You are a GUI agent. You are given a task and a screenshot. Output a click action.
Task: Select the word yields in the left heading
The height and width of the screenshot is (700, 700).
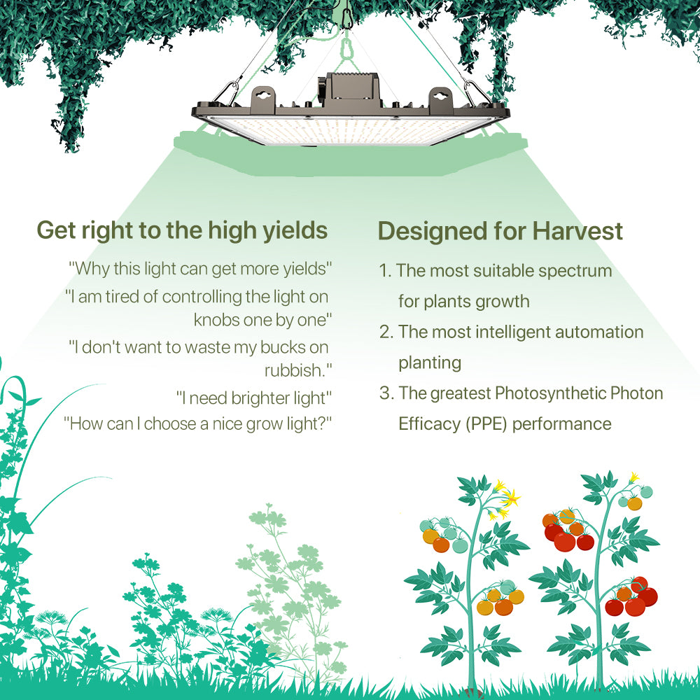(x=294, y=230)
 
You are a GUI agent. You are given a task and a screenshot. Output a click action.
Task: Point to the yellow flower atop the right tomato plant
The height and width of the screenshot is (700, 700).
(x=634, y=477)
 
